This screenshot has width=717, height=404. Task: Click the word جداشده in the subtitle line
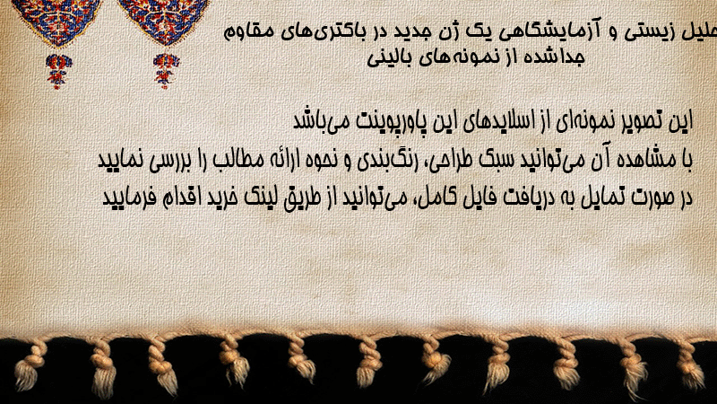coord(553,57)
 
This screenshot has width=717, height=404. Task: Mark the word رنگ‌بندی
coord(386,160)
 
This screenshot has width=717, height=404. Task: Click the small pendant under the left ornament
coord(57,72)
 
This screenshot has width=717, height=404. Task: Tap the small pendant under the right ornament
coord(165,71)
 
